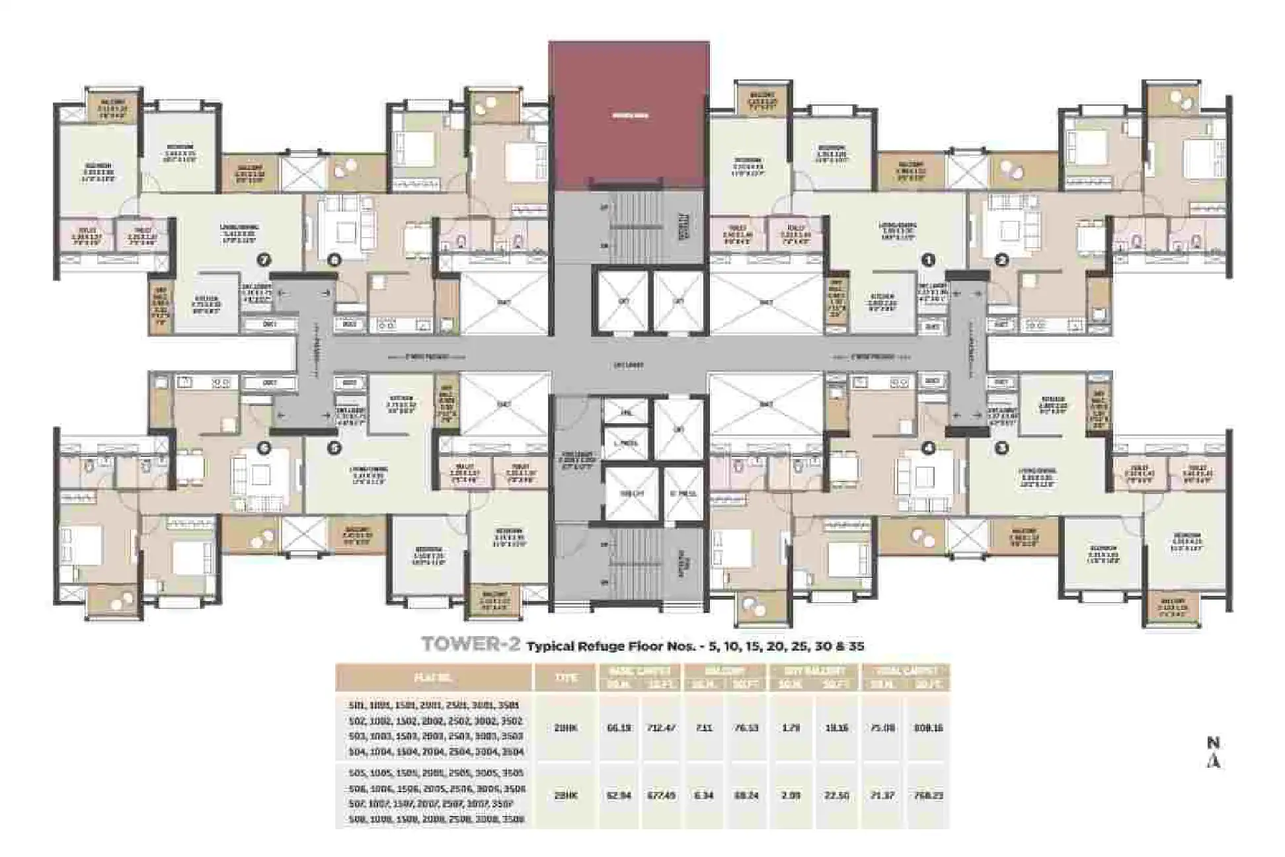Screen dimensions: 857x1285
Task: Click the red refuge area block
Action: pos(629,116)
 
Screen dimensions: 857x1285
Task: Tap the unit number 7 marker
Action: pos(264,261)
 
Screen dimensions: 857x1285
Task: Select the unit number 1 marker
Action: pos(929,261)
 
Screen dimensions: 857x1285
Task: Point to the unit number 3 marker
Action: pos(1002,448)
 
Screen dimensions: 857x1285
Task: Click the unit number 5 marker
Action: pos(334,448)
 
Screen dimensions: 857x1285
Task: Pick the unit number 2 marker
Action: pos(1002,261)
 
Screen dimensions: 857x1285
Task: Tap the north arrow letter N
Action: pos(1213,743)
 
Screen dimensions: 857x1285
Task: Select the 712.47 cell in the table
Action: pos(660,727)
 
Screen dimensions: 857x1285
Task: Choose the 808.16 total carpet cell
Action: pos(929,727)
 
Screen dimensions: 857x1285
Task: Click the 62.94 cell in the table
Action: pos(619,795)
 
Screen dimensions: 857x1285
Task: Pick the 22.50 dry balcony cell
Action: pos(836,795)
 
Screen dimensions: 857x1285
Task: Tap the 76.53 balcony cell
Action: pos(746,727)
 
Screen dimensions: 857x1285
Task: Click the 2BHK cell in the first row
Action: pos(566,727)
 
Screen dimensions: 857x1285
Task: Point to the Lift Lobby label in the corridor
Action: pos(628,365)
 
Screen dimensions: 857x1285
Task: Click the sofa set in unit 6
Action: pos(260,475)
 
